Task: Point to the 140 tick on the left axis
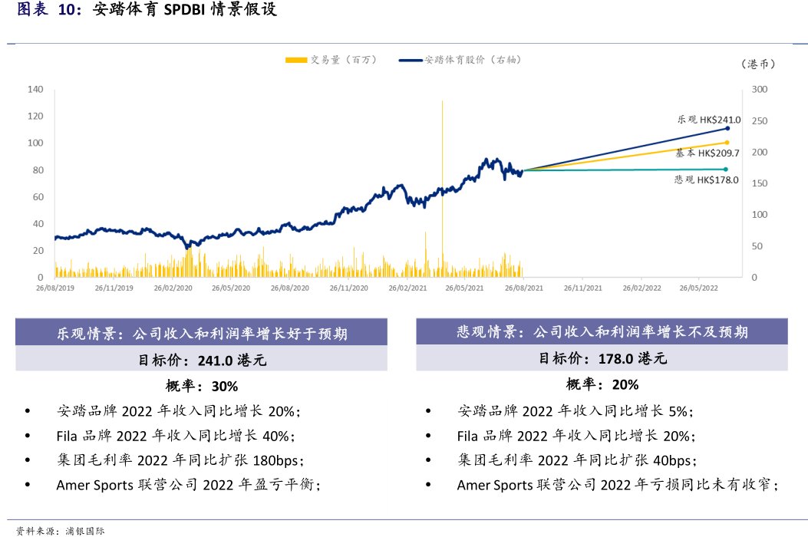coord(35,90)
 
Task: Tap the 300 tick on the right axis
coord(759,90)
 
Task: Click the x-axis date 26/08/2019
coord(56,288)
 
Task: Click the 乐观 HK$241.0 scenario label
coord(708,120)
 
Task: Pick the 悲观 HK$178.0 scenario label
coord(706,180)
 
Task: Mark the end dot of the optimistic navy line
coord(727,129)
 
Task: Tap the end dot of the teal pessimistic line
coord(726,170)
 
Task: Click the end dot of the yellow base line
coord(726,143)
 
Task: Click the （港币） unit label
coord(759,64)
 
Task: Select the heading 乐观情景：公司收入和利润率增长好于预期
coord(202,334)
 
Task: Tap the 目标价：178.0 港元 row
coord(602,358)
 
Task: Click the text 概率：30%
coord(202,385)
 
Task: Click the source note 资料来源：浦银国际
coord(61,530)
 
